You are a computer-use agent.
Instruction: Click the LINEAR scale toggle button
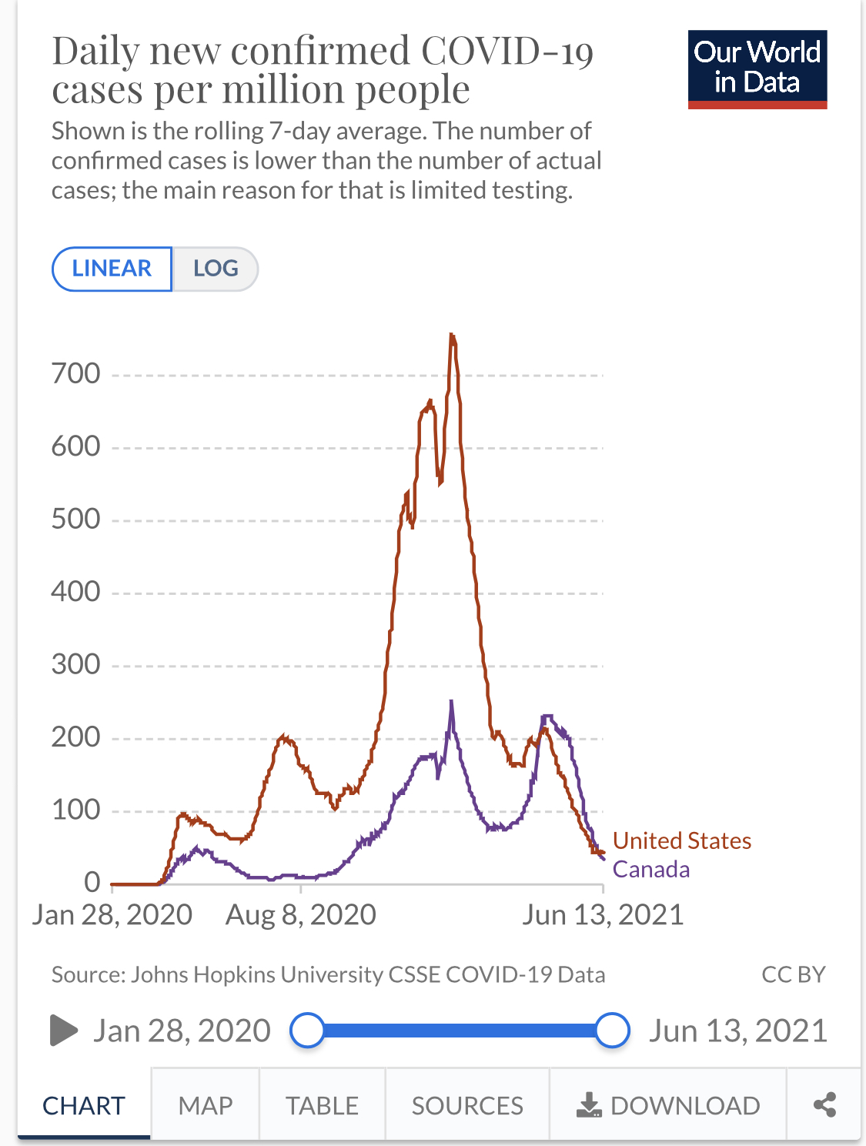coord(112,269)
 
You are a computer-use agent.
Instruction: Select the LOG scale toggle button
coord(216,269)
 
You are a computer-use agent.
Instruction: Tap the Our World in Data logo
coord(757,69)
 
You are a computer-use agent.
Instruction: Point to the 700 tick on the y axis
coord(76,374)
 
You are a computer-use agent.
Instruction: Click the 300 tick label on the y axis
coord(76,664)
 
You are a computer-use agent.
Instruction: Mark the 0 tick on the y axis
coord(92,882)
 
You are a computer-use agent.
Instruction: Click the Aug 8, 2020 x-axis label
coord(301,915)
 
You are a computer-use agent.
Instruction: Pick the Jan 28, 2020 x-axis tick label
coord(112,915)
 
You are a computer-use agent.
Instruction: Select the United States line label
coord(682,840)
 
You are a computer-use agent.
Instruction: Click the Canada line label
coord(651,870)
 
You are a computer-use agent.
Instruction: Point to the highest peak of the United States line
coord(452,335)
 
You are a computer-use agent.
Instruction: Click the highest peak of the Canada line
coord(451,701)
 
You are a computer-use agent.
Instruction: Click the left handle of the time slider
coord(308,1031)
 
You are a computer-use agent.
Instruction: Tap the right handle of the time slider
coord(613,1031)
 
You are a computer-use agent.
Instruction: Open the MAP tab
coord(206,1105)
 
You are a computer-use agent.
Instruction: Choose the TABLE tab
coord(322,1105)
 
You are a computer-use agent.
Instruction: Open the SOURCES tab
coord(467,1105)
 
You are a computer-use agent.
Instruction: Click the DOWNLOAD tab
coord(668,1105)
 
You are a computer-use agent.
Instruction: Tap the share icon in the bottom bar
coord(824,1105)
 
